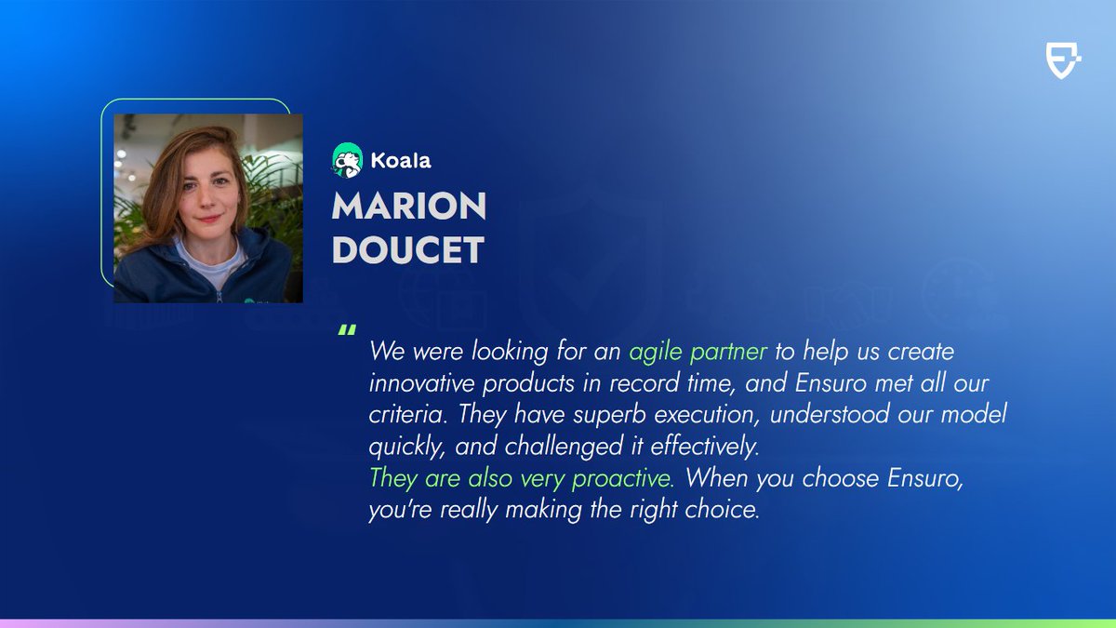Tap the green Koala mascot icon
pos(346,159)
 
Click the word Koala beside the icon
pos(399,160)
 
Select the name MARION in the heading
pos(408,207)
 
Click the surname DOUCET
pos(407,249)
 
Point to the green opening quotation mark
pos(347,332)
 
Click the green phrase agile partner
pos(697,354)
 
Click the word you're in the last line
pos(395,511)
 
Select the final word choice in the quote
pos(730,511)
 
